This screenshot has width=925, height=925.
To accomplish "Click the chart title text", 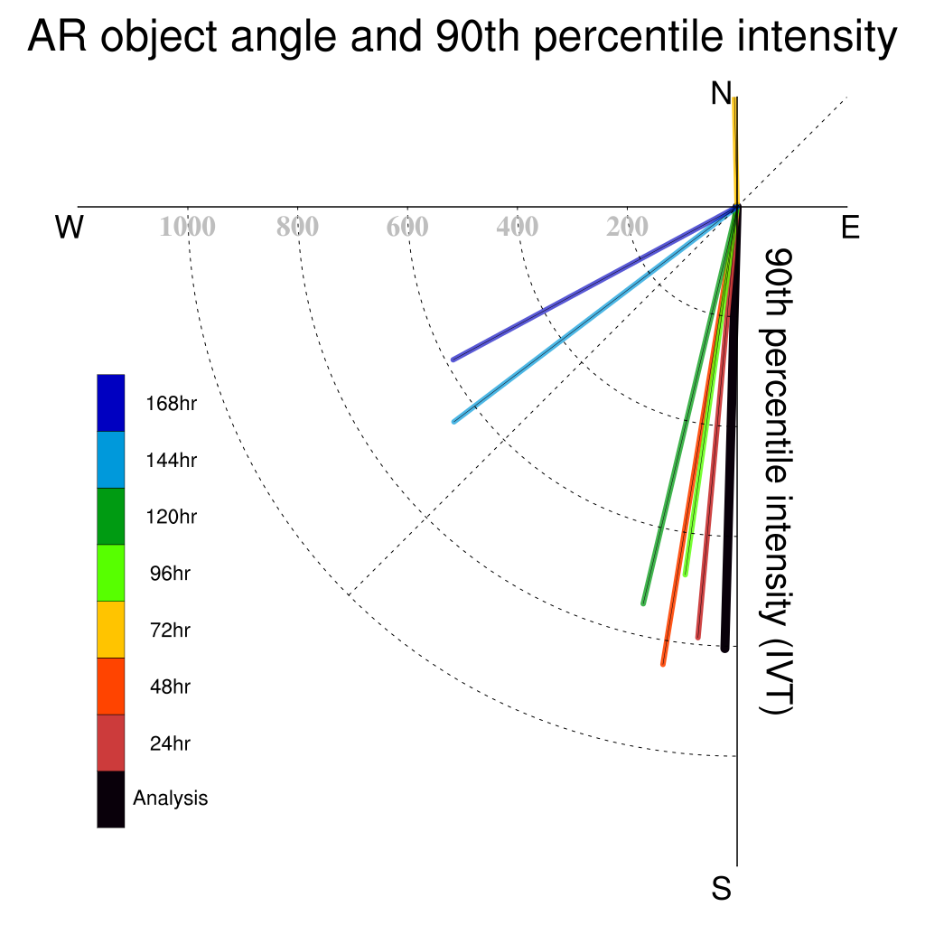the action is [x=462, y=36].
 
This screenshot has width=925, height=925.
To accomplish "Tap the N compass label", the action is [x=721, y=93].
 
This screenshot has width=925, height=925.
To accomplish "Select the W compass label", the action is [x=69, y=227].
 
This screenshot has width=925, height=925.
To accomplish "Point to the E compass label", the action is [x=850, y=227].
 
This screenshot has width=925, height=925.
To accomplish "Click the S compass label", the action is [x=722, y=888].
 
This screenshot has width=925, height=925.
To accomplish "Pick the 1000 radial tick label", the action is [x=188, y=227].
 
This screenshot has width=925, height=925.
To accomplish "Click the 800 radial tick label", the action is [x=297, y=227].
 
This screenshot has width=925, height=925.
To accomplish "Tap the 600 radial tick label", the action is [x=407, y=227].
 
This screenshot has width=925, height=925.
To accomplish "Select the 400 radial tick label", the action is [x=518, y=227].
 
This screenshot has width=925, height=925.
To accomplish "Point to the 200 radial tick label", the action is [x=627, y=227].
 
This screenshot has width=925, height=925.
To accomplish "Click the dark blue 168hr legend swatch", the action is [x=111, y=403].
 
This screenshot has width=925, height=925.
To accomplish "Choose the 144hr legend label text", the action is [x=171, y=460].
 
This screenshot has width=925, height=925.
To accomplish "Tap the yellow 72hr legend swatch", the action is [x=111, y=630].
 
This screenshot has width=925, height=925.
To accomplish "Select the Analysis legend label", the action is [x=171, y=799].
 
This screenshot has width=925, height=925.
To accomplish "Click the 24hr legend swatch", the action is [x=111, y=743].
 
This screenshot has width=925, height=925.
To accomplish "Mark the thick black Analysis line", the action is [x=731, y=427].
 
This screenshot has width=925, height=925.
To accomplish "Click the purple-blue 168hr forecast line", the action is [x=594, y=283].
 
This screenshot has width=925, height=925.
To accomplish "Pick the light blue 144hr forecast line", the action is [x=595, y=314].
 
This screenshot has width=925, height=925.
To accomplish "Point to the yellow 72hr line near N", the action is [x=735, y=152].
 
